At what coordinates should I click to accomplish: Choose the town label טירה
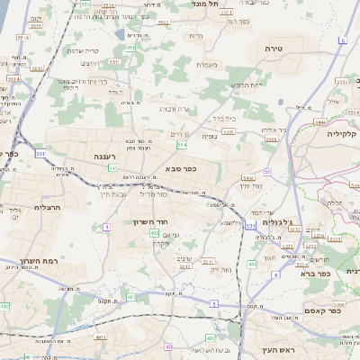coord(275,48)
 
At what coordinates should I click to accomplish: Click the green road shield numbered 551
coord(130,48)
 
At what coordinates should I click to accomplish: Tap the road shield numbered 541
coord(113,167)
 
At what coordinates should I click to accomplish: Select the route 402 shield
coord(155,232)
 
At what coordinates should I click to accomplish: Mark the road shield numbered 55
coord(267,172)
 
